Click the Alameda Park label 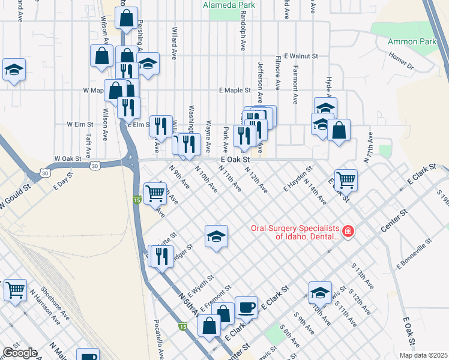(229, 5)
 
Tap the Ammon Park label (412, 41)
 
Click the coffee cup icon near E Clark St (246, 308)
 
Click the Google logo (19, 353)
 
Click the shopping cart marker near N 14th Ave (346, 179)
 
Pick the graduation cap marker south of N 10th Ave (216, 236)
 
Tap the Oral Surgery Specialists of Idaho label (294, 232)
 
